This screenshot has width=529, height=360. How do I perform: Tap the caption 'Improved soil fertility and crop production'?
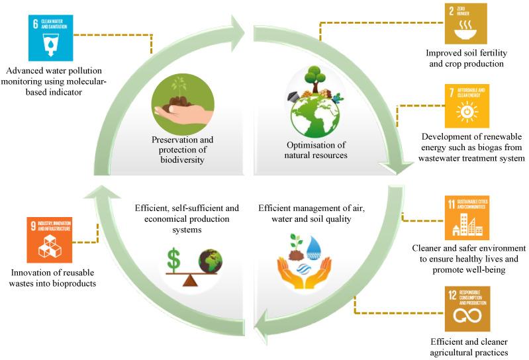[465, 59]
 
